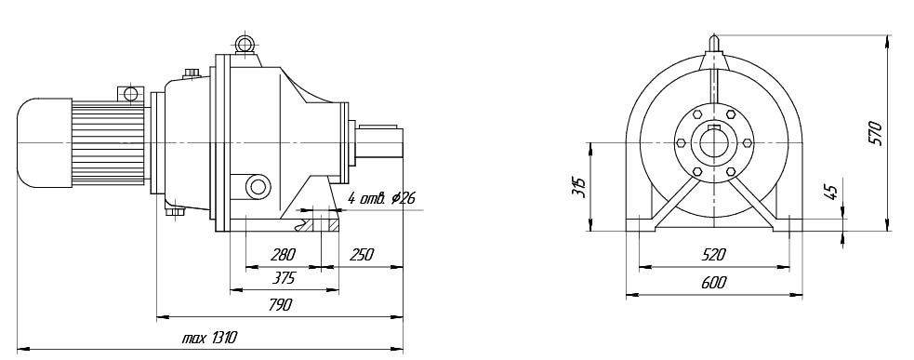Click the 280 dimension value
[284, 254]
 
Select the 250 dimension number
[362, 254]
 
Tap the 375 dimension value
[284, 278]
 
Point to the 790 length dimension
[281, 304]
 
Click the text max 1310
[209, 338]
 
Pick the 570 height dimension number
[874, 134]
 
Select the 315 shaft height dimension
[579, 185]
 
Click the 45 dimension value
[831, 192]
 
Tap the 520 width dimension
[713, 254]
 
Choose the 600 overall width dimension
[713, 283]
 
